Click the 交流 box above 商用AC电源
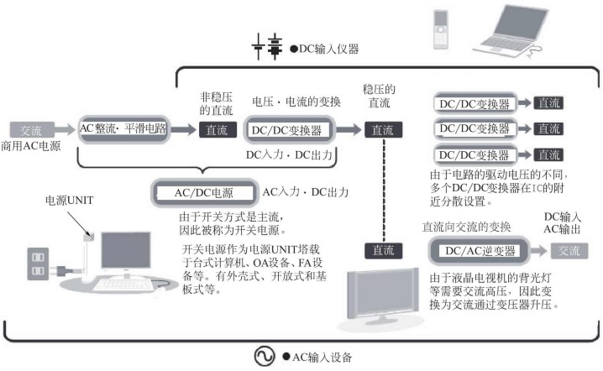31,131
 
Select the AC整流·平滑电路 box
122,129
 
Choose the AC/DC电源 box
205,193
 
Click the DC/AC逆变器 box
475,250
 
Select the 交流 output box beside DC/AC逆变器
569,250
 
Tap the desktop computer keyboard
126,285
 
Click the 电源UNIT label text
66,201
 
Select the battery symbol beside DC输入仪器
273,49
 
